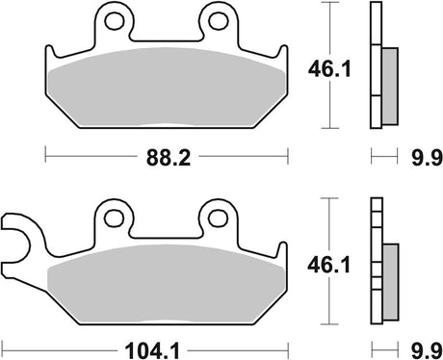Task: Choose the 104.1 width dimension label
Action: pyautogui.click(x=160, y=344)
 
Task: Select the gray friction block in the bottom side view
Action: pyautogui.click(x=389, y=278)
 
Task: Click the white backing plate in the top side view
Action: pyautogui.click(x=375, y=67)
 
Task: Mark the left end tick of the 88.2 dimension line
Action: pyautogui.click(x=46, y=153)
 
